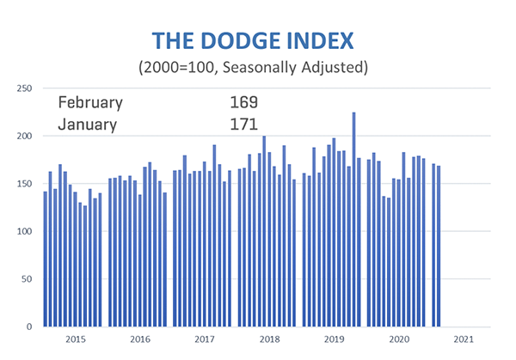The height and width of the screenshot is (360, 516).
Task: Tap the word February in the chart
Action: pyautogui.click(x=90, y=103)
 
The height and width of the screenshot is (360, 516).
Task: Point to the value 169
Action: pyautogui.click(x=243, y=103)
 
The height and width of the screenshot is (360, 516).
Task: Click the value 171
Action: pyautogui.click(x=243, y=125)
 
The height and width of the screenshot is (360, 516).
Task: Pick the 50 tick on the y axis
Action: pyautogui.click(x=28, y=279)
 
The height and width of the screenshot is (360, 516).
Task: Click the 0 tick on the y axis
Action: pyautogui.click(x=30, y=327)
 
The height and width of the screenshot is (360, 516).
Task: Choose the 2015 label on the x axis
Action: pyautogui.click(x=75, y=340)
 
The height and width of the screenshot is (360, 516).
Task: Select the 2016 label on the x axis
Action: pyautogui.click(x=139, y=340)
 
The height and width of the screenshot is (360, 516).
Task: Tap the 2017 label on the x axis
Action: pyautogui.click(x=205, y=340)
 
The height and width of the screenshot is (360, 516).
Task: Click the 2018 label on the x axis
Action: pyautogui.click(x=269, y=340)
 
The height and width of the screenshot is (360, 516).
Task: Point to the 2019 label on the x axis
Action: pyautogui.click(x=334, y=340)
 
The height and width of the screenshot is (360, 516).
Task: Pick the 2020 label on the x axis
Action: pyautogui.click(x=399, y=340)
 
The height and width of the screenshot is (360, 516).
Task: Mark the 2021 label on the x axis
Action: pyautogui.click(x=464, y=340)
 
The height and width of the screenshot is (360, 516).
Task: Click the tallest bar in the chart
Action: pyautogui.click(x=353, y=219)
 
